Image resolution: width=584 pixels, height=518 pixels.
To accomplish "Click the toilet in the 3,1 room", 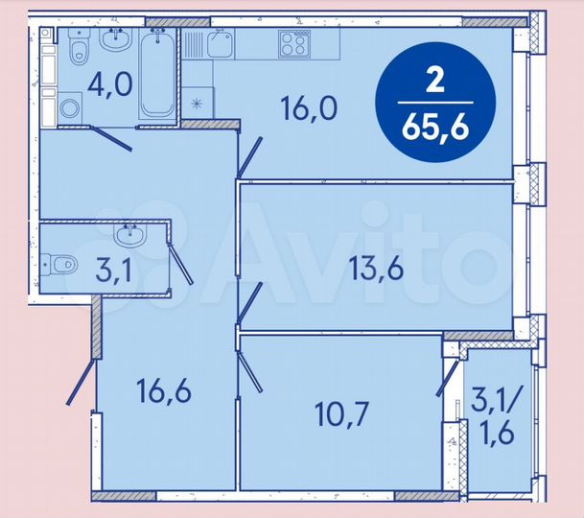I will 59,263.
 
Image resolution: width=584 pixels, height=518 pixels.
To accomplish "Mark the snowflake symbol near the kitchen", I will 198,103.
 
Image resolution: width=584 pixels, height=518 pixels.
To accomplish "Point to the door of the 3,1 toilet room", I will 179,260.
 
